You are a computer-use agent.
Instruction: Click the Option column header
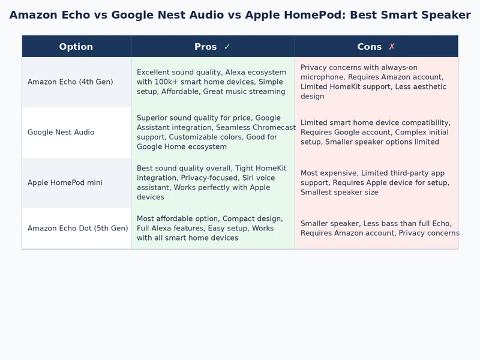point(76,47)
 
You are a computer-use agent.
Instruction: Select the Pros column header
point(206,47)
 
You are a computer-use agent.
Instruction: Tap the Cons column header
point(370,47)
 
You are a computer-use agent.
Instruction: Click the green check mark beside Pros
point(227,47)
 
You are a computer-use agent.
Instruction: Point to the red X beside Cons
point(392,47)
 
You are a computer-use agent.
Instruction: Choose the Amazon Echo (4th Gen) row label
point(70,82)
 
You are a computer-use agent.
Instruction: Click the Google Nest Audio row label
point(61,132)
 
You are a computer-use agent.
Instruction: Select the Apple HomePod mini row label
point(65,182)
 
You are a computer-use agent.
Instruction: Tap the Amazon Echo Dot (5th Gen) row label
point(77,228)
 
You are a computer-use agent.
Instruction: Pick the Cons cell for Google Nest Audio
point(376,132)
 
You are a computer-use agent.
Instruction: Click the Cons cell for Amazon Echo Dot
point(379,228)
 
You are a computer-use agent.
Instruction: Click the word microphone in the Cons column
point(322,77)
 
